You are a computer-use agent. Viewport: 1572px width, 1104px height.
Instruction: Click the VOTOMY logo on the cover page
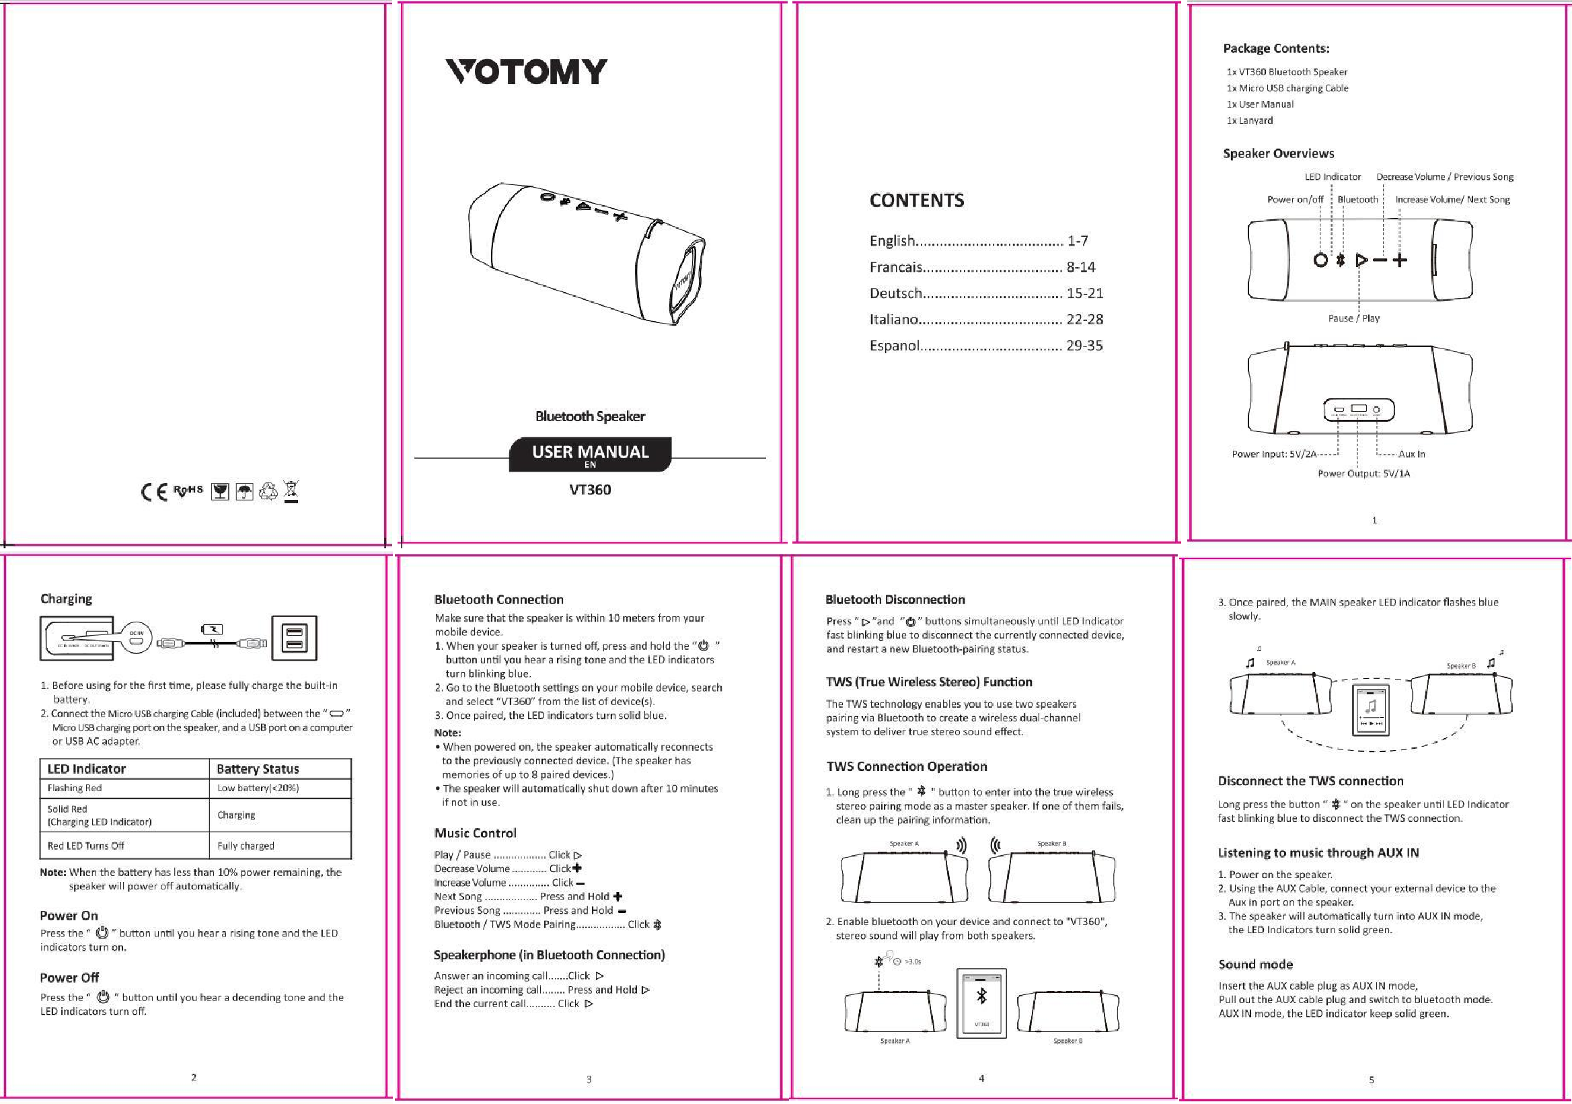point(526,72)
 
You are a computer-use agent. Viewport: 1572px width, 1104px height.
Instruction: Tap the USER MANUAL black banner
point(589,454)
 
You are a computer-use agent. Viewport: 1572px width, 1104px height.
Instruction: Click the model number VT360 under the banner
point(589,490)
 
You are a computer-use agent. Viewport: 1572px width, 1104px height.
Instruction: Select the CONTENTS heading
point(917,200)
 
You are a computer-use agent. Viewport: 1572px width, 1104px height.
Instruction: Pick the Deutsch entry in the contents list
point(896,294)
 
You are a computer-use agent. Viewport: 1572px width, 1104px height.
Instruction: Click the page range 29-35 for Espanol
point(1084,346)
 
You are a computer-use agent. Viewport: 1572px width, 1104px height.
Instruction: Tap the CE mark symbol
point(154,492)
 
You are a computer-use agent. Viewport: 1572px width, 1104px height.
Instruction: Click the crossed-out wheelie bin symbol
point(292,491)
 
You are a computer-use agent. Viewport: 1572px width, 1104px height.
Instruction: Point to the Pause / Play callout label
point(1353,318)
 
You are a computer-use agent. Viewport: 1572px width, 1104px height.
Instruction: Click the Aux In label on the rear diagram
point(1411,454)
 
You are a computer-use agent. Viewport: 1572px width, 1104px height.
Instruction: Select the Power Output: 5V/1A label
point(1363,473)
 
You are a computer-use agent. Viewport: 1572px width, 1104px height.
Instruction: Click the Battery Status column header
point(258,769)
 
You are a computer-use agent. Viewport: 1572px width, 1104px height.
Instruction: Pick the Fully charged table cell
point(246,846)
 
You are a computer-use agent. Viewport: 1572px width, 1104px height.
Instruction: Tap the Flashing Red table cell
point(74,788)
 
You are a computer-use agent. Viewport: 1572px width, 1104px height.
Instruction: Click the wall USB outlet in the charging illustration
point(295,638)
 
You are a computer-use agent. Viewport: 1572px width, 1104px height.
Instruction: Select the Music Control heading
point(475,834)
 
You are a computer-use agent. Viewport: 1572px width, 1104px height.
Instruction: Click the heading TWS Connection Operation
point(907,766)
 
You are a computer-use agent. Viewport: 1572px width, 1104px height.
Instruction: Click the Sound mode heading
point(1255,965)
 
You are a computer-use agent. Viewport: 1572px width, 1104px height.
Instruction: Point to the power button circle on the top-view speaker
point(1320,260)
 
